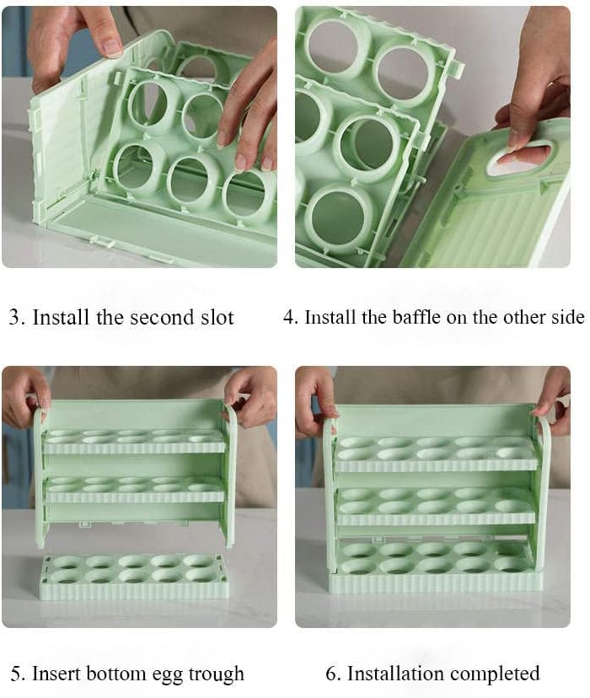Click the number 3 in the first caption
pos(14,318)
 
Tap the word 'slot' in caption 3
pos(217,318)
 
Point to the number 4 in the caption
pos(289,318)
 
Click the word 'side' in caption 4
pos(568,318)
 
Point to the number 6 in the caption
pos(331,674)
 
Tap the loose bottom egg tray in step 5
pos(133,577)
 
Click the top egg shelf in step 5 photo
pos(133,442)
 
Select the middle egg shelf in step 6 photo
pos(435,506)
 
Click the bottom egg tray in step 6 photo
pos(435,566)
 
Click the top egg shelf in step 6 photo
pos(436,454)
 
